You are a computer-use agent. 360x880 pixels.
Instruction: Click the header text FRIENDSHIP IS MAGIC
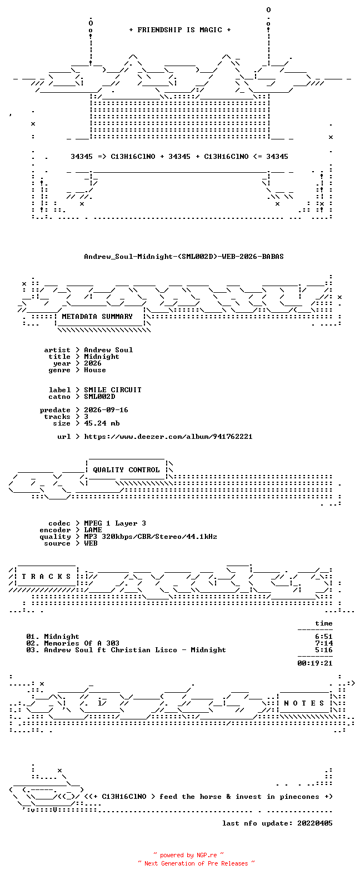pyautogui.click(x=180, y=30)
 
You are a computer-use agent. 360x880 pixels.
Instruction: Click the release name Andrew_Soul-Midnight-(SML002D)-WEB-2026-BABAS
pyautogui.click(x=183, y=257)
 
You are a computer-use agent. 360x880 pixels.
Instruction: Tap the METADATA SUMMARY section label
pyautogui.click(x=97, y=317)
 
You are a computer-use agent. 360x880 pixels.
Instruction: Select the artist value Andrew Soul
pyautogui.click(x=108, y=350)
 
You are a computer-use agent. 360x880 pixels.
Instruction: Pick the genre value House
pyautogui.click(x=94, y=370)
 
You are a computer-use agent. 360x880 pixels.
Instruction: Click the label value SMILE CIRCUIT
pyautogui.click(x=113, y=389)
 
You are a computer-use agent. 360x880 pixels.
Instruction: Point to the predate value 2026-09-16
pyautogui.click(x=106, y=410)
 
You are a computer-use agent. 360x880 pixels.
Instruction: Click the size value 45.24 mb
pyautogui.click(x=102, y=423)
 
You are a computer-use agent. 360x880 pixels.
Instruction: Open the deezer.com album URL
pyautogui.click(x=168, y=437)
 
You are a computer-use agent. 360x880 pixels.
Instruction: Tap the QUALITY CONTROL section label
pyautogui.click(x=126, y=470)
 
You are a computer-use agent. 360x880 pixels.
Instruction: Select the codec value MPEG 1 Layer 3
pyautogui.click(x=115, y=523)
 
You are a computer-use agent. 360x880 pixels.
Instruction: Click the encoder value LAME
pyautogui.click(x=93, y=530)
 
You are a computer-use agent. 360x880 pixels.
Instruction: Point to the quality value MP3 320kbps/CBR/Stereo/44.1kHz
pyautogui.click(x=151, y=537)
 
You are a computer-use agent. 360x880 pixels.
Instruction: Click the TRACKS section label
pyautogui.click(x=46, y=577)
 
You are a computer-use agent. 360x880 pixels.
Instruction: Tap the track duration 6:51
pyautogui.click(x=324, y=637)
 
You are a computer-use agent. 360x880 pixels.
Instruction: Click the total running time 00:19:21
pyautogui.click(x=315, y=663)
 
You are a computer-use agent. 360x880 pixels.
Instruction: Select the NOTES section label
pyautogui.click(x=304, y=703)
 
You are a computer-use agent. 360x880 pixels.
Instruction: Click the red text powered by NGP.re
pyautogui.click(x=189, y=855)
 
